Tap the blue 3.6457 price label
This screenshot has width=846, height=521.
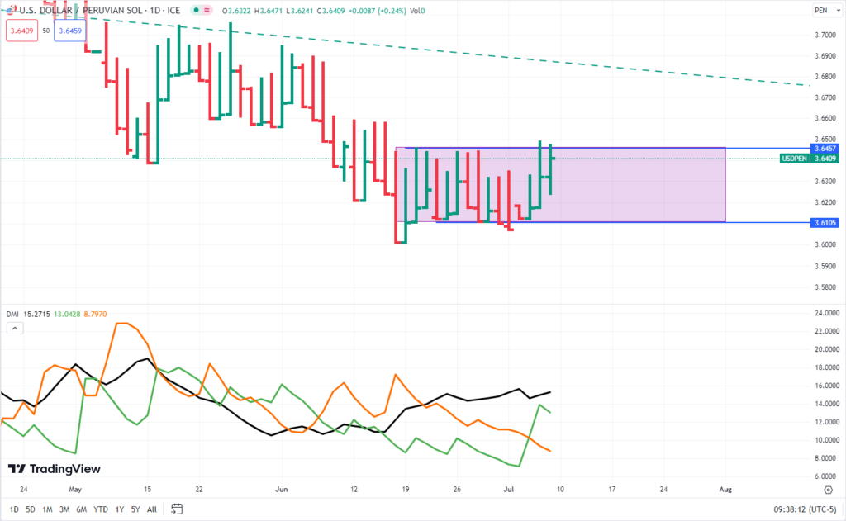(825, 148)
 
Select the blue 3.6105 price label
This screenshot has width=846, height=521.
(825, 223)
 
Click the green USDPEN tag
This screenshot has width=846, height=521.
(795, 158)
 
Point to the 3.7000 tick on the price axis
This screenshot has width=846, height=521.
(825, 35)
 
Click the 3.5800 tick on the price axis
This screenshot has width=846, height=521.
(825, 287)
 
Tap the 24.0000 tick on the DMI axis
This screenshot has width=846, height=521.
(826, 313)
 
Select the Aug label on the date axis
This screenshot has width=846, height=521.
(725, 489)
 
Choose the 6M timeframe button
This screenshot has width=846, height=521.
(82, 509)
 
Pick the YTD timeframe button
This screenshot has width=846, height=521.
(101, 509)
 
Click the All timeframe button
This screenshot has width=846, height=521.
(152, 509)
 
